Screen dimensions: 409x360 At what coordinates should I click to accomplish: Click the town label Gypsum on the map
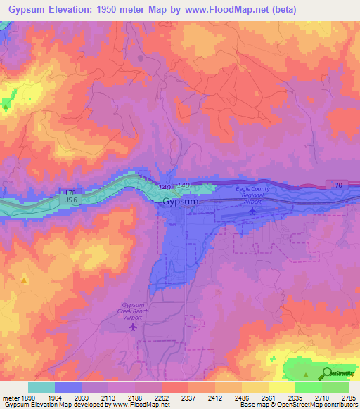[x=180, y=201]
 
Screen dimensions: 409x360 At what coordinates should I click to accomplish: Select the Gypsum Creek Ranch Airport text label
[x=131, y=311]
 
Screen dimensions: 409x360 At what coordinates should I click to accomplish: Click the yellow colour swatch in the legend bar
[x=281, y=387]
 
